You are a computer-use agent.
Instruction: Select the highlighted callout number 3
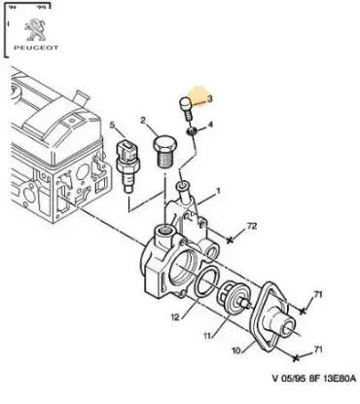(x=207, y=98)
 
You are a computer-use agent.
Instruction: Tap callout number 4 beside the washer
(x=212, y=128)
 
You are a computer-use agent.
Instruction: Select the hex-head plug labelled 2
(x=164, y=151)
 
